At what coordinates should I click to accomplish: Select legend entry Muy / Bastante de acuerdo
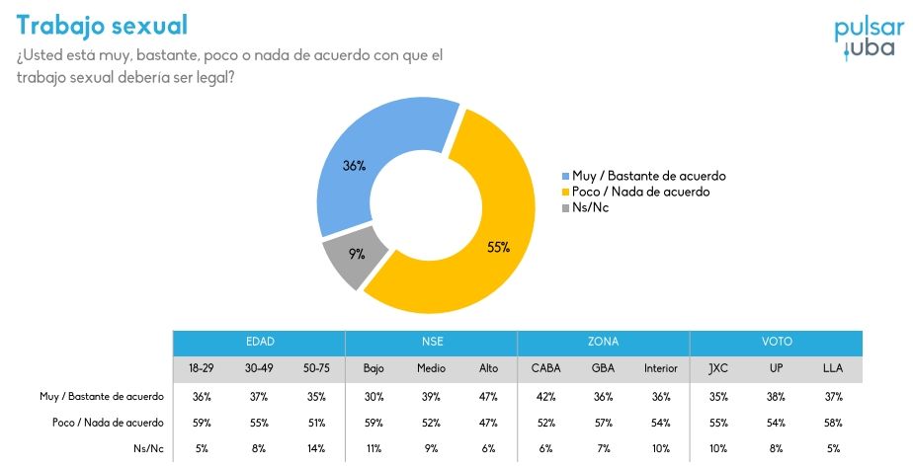(647, 176)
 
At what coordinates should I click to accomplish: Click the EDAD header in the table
(259, 343)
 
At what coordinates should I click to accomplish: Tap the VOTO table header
(776, 343)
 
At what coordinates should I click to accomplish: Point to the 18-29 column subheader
(202, 368)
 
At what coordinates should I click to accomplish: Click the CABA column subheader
(545, 368)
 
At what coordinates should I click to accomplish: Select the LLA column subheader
(833, 368)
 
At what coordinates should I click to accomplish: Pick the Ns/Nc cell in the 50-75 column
(316, 447)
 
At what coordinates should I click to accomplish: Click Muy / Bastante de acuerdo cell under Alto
(488, 396)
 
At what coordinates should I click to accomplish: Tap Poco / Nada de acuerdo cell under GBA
(603, 422)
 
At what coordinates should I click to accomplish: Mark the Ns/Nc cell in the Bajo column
(373, 447)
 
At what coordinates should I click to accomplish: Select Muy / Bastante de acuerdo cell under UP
(776, 396)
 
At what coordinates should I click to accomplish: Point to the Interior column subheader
(660, 368)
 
